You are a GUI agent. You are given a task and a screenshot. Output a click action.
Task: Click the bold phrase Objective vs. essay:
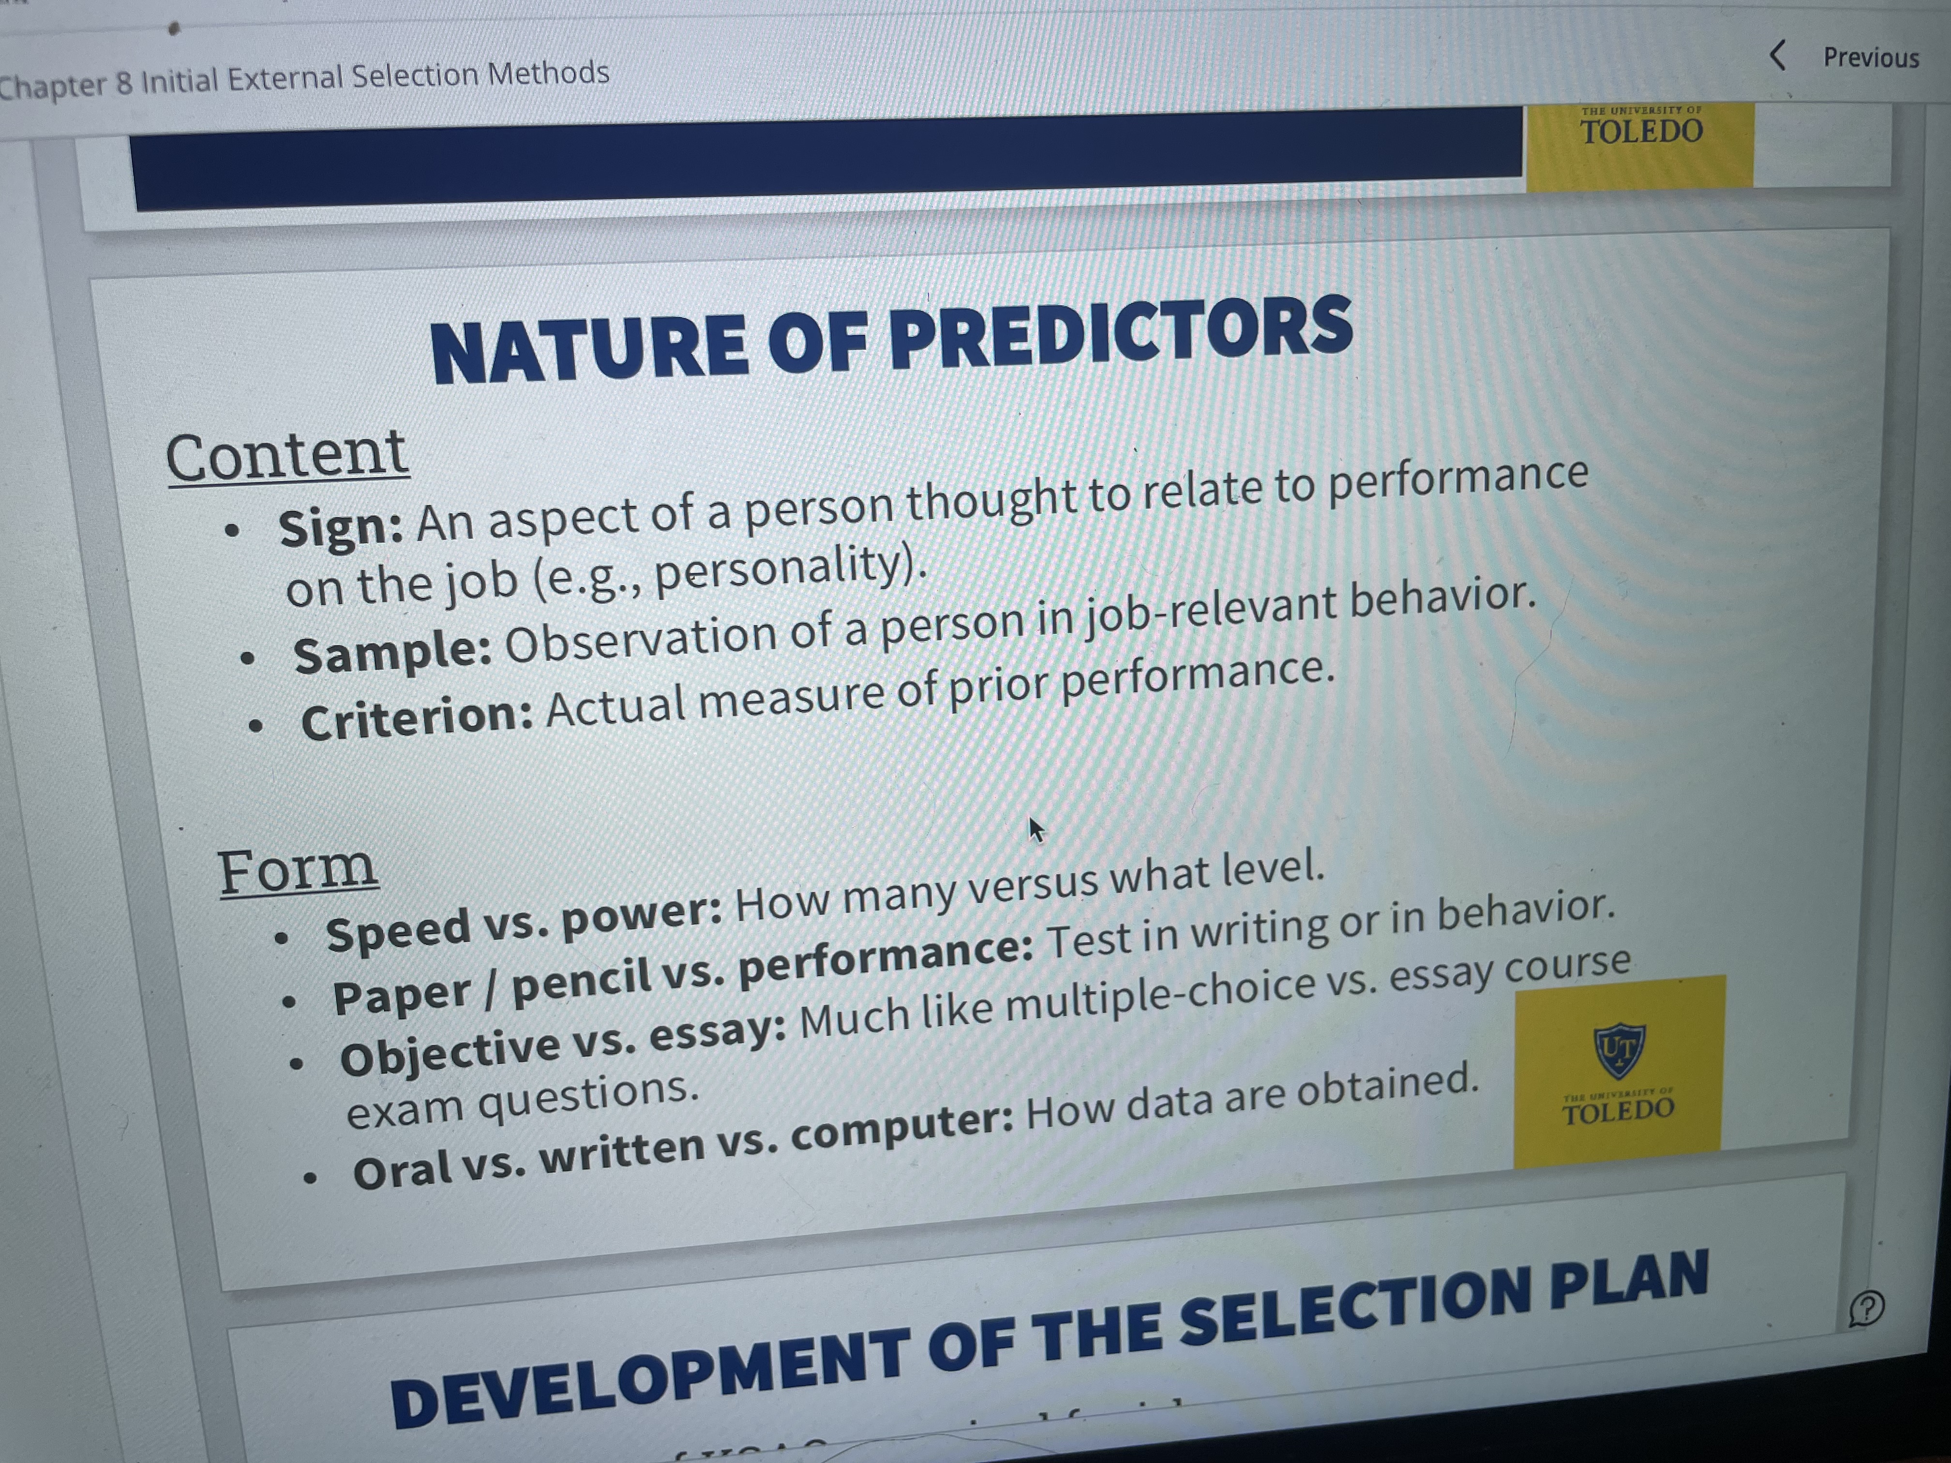563,1043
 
